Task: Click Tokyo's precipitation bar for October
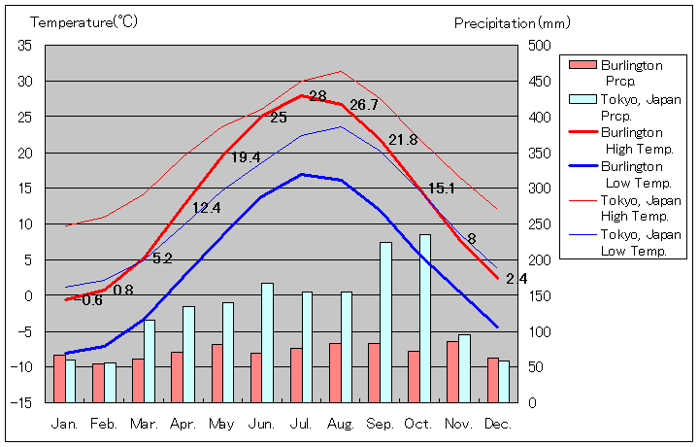[425, 319]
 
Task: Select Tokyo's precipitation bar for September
[385, 323]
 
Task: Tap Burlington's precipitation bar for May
[216, 373]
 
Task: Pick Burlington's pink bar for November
[452, 371]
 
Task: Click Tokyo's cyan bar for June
[267, 342]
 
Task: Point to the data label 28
[317, 96]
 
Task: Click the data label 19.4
[245, 157]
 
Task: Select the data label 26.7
[364, 105]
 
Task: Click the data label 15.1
[442, 189]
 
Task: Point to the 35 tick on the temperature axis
[25, 46]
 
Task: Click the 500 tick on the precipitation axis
[540, 46]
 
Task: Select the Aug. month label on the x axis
[340, 424]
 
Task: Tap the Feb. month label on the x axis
[104, 424]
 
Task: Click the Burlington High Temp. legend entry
[631, 140]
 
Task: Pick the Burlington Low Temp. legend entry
[631, 174]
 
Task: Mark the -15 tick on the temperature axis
[23, 402]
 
